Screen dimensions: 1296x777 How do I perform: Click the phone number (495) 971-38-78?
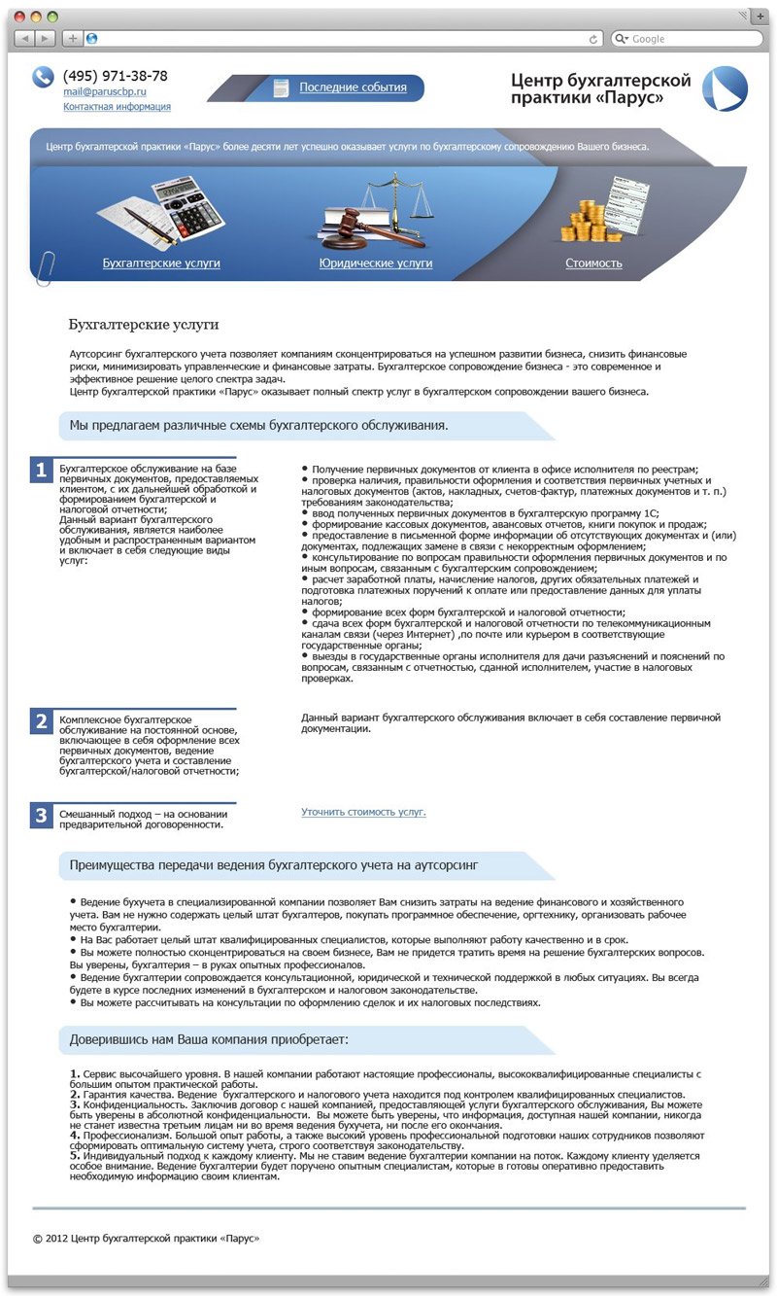pos(115,76)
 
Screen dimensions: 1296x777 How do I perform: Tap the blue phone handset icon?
pos(43,77)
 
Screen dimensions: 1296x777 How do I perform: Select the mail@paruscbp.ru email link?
pos(104,91)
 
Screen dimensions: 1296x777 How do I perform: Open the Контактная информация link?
pos(117,107)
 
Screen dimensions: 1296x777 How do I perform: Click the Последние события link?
pos(353,88)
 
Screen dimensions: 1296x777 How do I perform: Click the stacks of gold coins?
pos(585,222)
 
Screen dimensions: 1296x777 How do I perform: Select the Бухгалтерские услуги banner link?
pos(161,263)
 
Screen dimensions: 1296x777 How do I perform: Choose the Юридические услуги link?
pos(375,263)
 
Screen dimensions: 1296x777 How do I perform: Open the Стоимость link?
pos(593,263)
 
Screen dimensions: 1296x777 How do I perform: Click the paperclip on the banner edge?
pos(45,267)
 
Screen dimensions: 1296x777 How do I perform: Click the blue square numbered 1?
pos(41,471)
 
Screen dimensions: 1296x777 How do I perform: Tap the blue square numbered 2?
pos(41,721)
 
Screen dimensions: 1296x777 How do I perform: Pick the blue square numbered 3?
pos(41,816)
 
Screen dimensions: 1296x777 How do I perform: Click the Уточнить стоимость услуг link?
pos(363,812)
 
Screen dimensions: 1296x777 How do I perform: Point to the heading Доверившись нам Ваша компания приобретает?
pos(209,1039)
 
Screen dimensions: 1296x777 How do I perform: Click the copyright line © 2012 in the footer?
pos(146,1239)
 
